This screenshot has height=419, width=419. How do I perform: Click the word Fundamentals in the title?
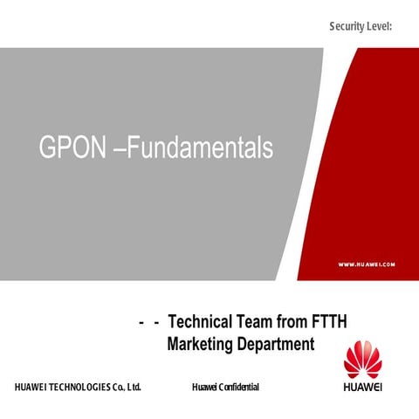(x=203, y=148)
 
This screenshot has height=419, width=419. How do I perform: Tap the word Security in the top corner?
(x=348, y=28)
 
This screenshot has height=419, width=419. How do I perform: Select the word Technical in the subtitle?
(x=202, y=321)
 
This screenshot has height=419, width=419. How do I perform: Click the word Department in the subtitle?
(x=277, y=344)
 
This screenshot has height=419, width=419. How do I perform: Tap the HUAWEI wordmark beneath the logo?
(x=363, y=388)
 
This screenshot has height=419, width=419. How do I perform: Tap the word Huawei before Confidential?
(x=203, y=387)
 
